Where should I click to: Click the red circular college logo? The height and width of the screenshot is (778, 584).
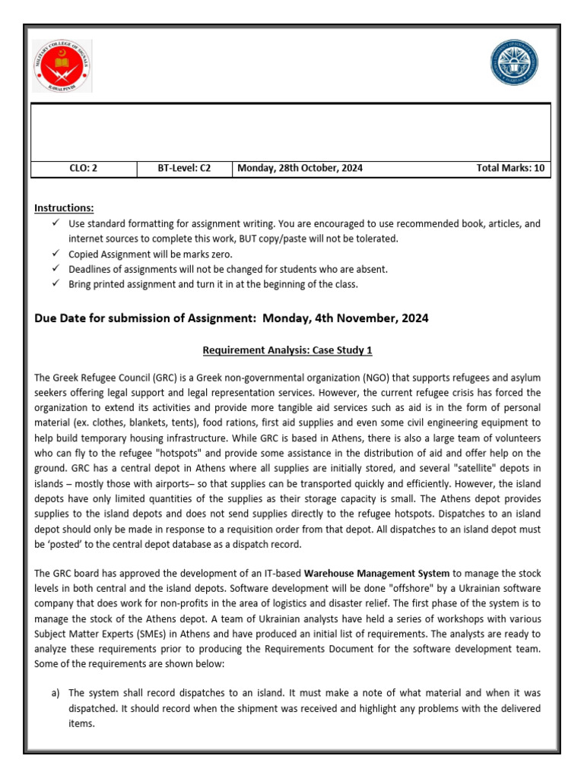(x=63, y=65)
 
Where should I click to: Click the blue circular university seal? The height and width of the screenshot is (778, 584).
(x=513, y=63)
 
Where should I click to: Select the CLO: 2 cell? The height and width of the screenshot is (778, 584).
(x=84, y=169)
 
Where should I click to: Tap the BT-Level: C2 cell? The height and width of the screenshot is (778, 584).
(x=184, y=169)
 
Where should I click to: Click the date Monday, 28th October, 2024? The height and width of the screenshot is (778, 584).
(x=301, y=169)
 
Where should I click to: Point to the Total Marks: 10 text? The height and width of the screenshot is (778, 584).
(x=510, y=169)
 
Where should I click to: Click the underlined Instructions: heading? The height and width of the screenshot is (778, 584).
(x=65, y=208)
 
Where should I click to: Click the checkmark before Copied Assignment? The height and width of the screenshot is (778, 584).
(x=56, y=254)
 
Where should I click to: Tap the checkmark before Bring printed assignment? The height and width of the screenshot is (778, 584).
(x=56, y=284)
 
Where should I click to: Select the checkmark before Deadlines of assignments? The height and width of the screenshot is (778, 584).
(x=56, y=269)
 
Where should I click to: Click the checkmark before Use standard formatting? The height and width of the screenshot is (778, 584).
(x=56, y=223)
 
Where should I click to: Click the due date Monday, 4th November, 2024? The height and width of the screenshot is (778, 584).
(x=345, y=318)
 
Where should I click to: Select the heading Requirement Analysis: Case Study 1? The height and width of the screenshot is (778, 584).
(x=287, y=350)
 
